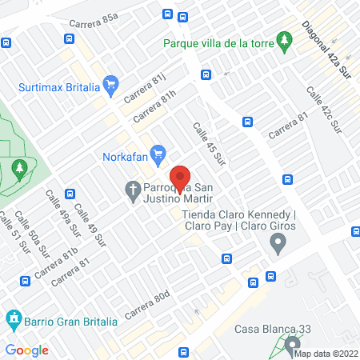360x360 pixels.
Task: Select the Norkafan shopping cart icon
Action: (x=158, y=152)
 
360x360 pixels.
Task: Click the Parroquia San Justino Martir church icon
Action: (x=133, y=190)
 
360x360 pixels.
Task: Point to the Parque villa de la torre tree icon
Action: (x=284, y=40)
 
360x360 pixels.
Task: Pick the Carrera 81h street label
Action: (x=154, y=106)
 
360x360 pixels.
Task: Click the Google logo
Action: (x=26, y=350)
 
